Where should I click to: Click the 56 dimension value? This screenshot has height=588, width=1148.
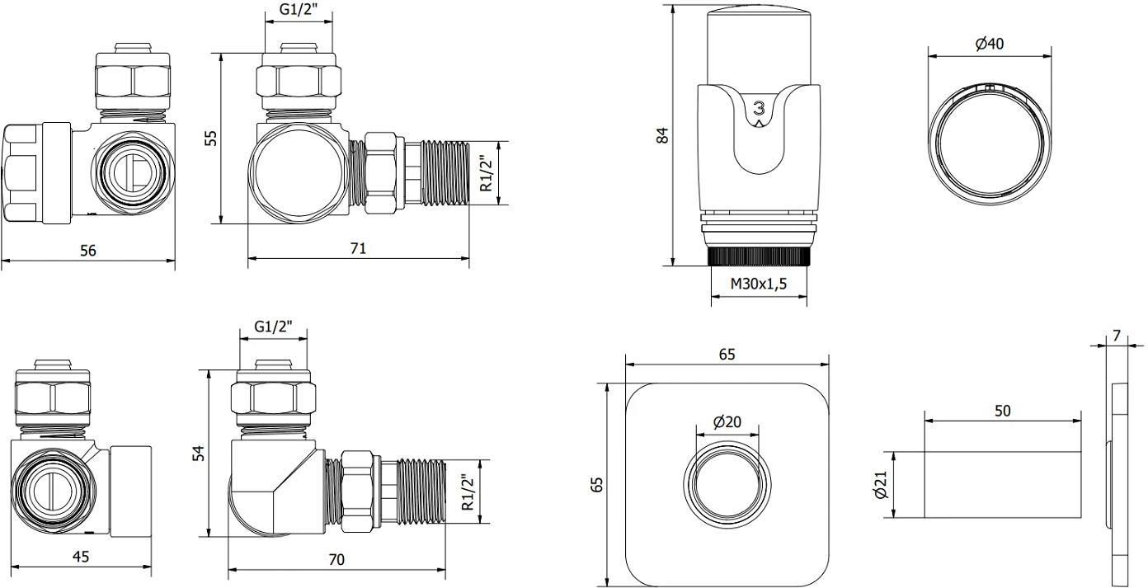(x=88, y=250)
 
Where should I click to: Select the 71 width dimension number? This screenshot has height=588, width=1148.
(x=358, y=248)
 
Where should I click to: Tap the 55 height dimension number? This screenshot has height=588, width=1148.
(x=210, y=138)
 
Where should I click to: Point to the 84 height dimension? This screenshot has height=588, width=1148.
(x=663, y=135)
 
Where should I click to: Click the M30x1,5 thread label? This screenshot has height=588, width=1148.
(x=759, y=284)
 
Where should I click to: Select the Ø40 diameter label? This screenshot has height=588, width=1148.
(x=989, y=44)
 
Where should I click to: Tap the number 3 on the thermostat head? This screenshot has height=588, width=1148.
(x=759, y=108)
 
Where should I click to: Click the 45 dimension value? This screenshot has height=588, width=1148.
(x=81, y=556)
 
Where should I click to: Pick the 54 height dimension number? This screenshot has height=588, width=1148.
(x=198, y=454)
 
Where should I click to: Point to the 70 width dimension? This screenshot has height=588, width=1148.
(x=336, y=559)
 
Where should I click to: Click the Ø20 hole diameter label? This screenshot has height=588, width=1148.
(x=727, y=422)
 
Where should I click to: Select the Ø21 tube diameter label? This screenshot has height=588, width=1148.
(x=881, y=485)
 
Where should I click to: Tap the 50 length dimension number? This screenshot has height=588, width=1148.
(x=1003, y=411)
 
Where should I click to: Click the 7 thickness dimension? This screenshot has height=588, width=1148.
(x=1117, y=336)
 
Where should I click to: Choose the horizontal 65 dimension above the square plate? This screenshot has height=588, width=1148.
(x=727, y=355)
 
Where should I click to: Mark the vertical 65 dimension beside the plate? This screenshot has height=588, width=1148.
(x=597, y=484)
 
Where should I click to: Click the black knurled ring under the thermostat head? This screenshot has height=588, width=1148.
(x=759, y=256)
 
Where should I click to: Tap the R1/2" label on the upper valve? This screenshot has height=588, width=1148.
(x=486, y=173)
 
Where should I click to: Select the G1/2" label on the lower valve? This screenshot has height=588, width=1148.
(x=273, y=327)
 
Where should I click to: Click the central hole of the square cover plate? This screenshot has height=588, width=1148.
(x=727, y=484)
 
